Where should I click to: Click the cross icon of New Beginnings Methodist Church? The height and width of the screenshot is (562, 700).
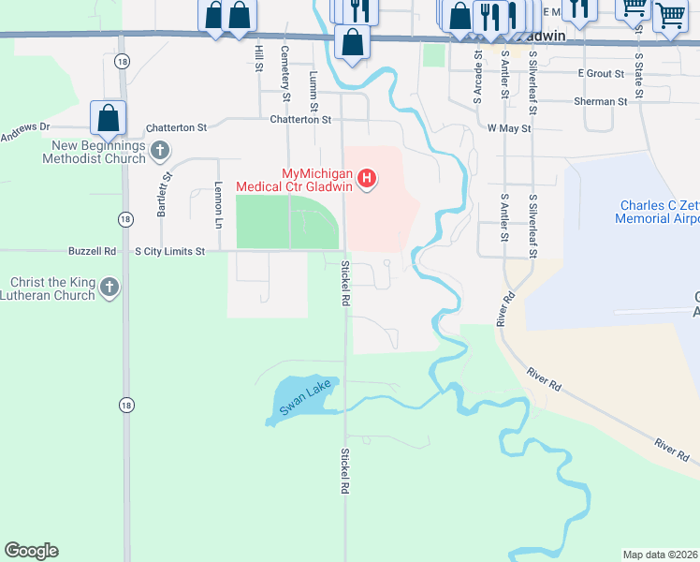160,150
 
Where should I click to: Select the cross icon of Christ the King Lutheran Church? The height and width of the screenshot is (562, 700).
109,288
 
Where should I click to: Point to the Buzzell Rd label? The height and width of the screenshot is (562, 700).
92,251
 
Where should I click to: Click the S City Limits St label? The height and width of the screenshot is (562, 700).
182,251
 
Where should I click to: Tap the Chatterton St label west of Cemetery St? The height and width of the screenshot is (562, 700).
175,126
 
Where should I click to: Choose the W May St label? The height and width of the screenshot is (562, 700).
509,126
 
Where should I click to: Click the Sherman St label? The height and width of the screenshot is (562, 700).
601,101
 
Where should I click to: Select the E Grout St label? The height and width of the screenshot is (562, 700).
601,72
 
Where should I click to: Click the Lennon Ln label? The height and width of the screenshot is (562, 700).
218,205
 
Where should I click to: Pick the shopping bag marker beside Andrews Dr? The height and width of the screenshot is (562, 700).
109,118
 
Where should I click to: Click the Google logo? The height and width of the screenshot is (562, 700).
31,551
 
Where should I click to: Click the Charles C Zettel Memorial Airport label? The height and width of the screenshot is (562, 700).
658,212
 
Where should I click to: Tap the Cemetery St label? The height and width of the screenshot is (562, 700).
285,69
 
